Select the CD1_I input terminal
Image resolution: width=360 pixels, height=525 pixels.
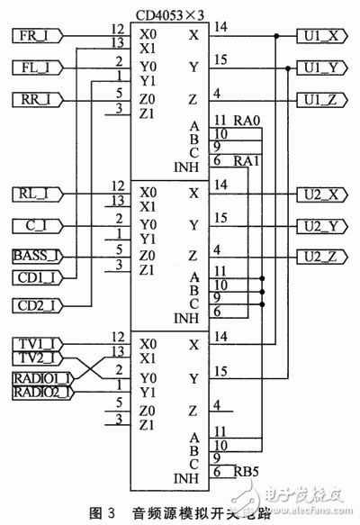click(x=39, y=278)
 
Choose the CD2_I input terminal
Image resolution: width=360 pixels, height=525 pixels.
click(x=39, y=305)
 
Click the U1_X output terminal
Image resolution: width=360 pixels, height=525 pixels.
click(x=320, y=36)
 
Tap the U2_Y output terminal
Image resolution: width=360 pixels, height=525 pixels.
click(x=320, y=224)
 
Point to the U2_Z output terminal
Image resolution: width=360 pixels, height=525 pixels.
click(x=320, y=256)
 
